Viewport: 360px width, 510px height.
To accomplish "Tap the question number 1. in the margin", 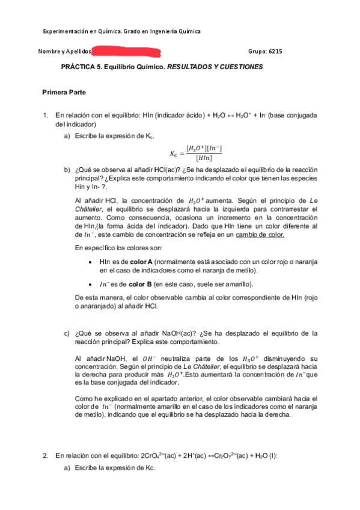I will (45, 114).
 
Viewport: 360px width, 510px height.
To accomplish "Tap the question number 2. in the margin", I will (45, 455).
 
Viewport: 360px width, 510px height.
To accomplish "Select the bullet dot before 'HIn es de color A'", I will (90, 262).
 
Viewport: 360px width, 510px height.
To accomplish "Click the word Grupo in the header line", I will (257, 52).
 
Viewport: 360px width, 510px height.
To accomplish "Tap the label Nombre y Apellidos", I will (64, 52).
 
